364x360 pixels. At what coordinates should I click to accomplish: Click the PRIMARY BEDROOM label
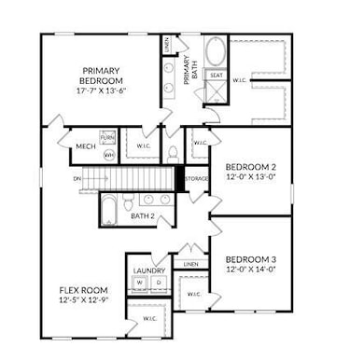[104, 76]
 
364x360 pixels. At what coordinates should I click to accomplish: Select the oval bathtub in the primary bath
[216, 52]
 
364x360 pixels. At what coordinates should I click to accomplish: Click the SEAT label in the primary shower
[216, 76]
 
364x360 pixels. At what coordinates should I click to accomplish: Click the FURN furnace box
[107, 138]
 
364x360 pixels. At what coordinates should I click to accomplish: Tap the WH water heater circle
[107, 154]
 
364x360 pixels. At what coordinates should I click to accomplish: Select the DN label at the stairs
[77, 179]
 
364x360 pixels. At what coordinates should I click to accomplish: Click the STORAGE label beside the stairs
[196, 178]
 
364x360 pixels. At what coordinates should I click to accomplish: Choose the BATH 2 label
[142, 216]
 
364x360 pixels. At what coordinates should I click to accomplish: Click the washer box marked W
[140, 283]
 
